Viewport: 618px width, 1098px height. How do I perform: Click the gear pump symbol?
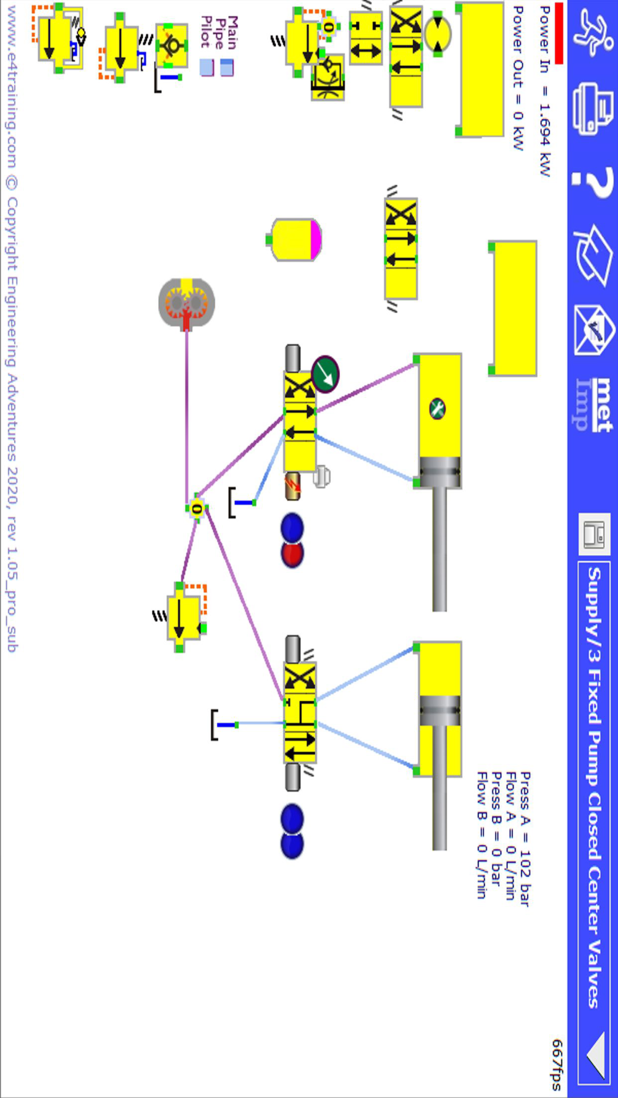[x=187, y=303]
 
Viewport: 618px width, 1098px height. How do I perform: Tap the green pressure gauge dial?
[x=325, y=374]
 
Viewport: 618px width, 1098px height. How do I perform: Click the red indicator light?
[x=292, y=554]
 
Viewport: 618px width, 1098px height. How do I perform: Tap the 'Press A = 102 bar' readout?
[x=525, y=838]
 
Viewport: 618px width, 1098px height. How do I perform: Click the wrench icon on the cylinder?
[x=438, y=408]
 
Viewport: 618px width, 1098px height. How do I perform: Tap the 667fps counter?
[x=557, y=1064]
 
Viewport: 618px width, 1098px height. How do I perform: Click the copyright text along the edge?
[x=12, y=327]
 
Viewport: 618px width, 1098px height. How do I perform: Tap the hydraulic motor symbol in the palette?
[x=438, y=34]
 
